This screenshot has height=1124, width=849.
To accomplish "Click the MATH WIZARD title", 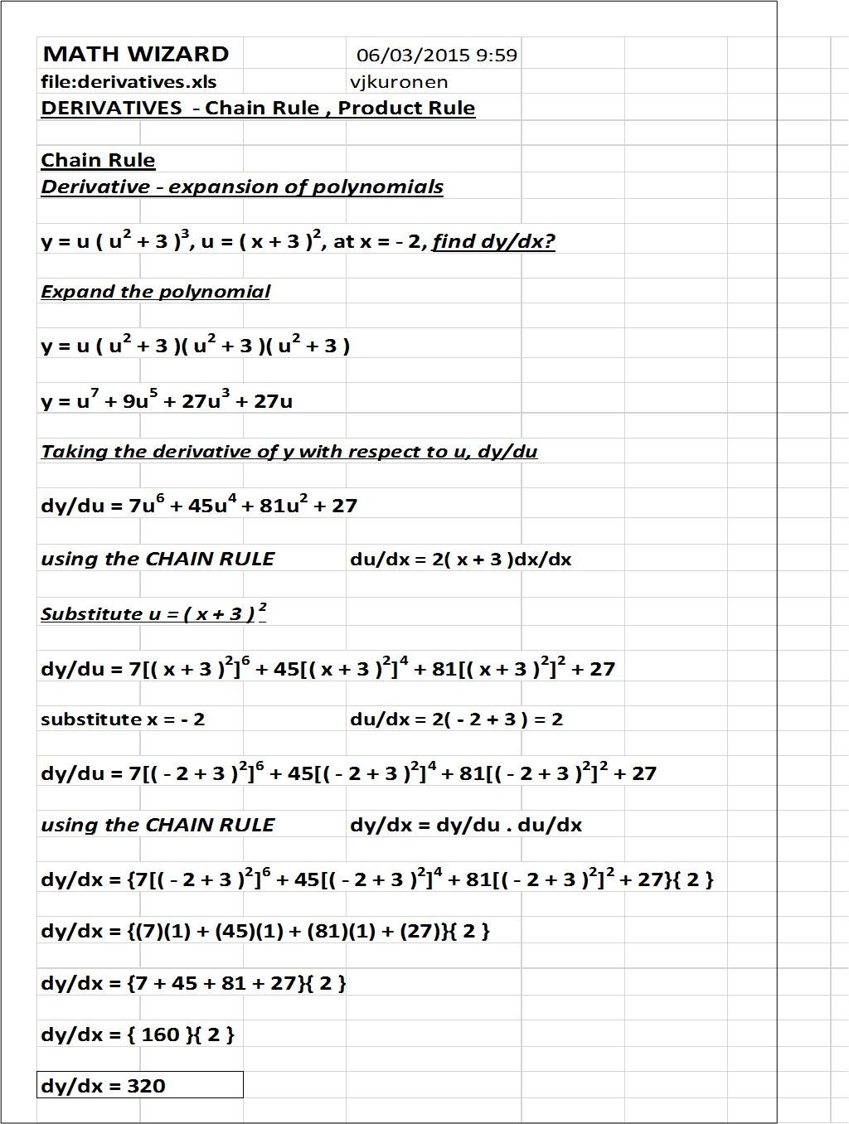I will tap(136, 55).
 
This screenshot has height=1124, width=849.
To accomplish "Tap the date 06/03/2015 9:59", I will tap(437, 56).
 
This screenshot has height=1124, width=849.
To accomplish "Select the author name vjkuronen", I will tap(399, 82).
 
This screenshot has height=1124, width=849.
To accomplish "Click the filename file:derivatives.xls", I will tap(129, 82).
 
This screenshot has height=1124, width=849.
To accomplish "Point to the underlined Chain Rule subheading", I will tap(98, 160).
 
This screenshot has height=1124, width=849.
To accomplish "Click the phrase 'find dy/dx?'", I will tap(493, 241).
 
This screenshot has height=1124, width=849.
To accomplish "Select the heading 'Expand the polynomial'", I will tap(155, 292).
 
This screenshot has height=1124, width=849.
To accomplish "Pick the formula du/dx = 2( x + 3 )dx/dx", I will tap(460, 560).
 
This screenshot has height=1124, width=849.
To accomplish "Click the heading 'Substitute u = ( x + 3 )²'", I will tap(153, 613).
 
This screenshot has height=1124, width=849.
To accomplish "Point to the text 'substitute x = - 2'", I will tap(123, 719).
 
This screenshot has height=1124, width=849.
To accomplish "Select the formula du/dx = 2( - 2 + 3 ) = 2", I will tap(456, 719).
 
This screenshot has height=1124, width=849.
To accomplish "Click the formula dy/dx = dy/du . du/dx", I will tap(465, 826).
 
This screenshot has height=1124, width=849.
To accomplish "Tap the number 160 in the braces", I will tap(160, 1034).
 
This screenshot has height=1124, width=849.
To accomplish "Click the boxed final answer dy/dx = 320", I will tap(139, 1085).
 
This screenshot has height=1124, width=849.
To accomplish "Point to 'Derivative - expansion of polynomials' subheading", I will tap(241, 187).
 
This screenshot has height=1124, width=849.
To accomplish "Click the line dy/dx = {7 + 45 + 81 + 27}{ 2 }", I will tap(193, 983).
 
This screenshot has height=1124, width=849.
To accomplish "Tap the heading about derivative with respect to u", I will tap(289, 452).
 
